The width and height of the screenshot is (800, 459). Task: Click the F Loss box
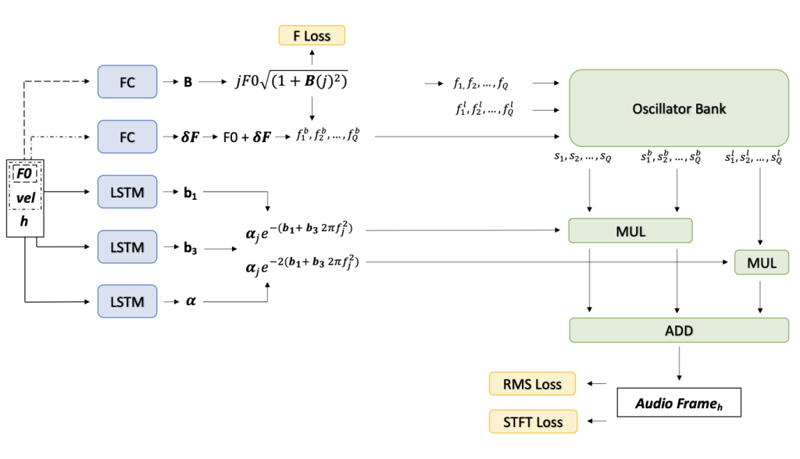coord(312,36)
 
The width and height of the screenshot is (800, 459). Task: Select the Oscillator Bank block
coord(679,109)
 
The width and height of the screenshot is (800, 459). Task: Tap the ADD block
coord(679,330)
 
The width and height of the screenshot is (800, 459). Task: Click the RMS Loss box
coord(531,383)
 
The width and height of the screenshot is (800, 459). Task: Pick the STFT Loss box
coord(531,422)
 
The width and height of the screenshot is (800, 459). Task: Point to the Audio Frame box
coord(678,404)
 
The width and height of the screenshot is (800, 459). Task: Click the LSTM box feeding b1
coord(127,191)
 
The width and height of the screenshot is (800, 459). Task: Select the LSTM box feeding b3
coord(127,247)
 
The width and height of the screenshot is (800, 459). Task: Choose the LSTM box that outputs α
coord(127,301)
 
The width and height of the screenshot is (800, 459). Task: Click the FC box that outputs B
coord(127,81)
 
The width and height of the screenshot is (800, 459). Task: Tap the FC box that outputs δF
coord(127,137)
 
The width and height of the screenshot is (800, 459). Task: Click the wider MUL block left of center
coord(630,230)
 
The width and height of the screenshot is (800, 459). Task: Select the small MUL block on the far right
coord(762,263)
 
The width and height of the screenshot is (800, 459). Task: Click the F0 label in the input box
coord(25,173)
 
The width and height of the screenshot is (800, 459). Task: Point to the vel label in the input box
coord(25,198)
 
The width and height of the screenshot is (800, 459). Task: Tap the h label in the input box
coord(25,223)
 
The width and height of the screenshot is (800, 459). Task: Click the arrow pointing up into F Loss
coord(312,56)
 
